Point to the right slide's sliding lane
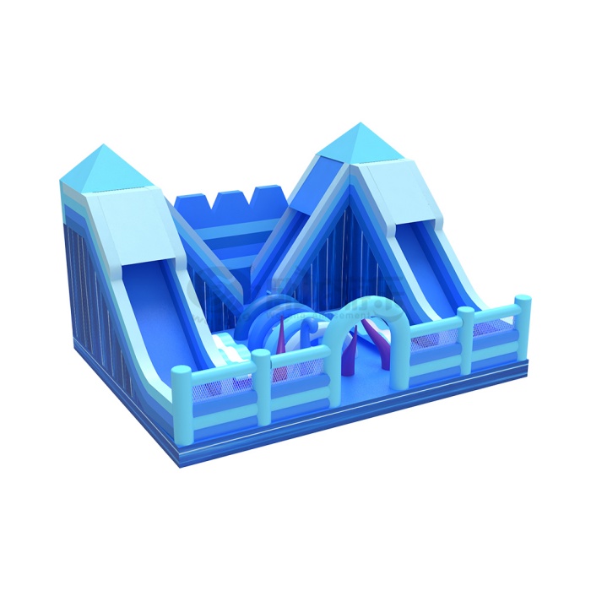[x=431, y=253]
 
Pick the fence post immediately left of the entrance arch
[x=262, y=384]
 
